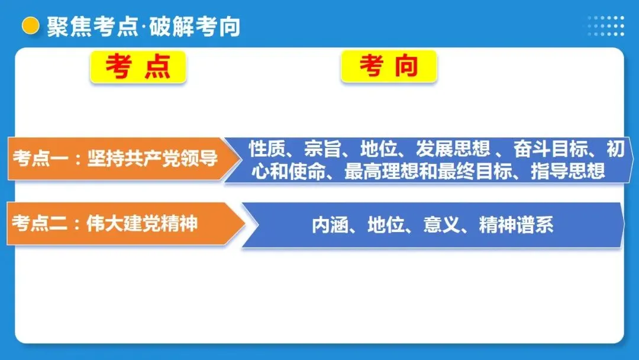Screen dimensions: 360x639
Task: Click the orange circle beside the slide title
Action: click(30, 26)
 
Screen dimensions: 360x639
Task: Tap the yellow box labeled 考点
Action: click(138, 66)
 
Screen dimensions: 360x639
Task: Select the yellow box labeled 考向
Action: click(389, 66)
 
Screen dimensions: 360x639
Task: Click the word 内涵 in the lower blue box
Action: click(330, 225)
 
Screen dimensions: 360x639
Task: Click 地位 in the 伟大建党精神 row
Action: click(386, 225)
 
